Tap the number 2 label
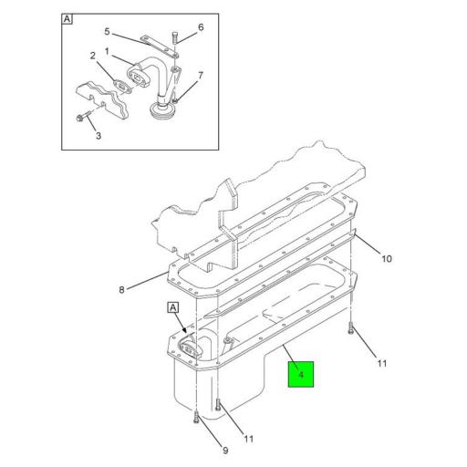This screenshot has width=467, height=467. pos(93,56)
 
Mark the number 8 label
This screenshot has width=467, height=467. pos(120,292)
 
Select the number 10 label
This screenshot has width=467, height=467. pos(386,259)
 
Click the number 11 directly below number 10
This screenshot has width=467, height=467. pos(381,363)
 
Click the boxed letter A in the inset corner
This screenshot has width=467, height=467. pos(67,18)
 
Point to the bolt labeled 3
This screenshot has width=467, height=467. pos(80,118)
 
